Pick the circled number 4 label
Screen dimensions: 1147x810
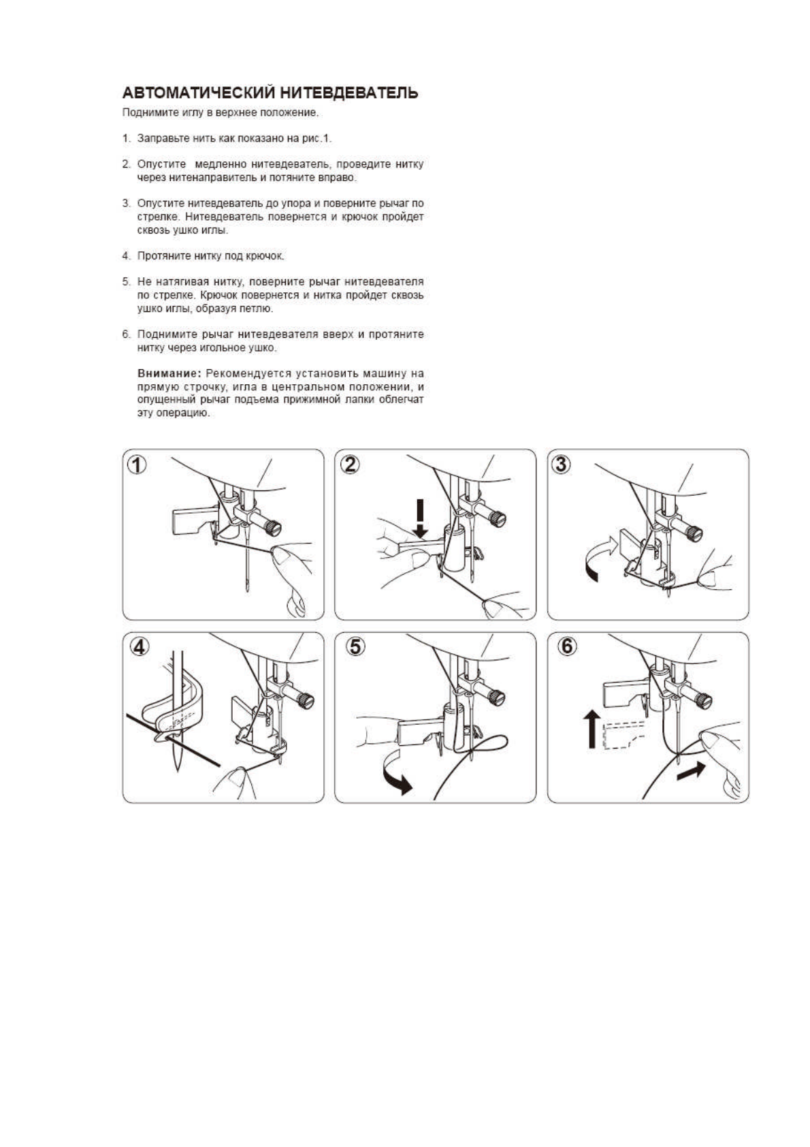138,647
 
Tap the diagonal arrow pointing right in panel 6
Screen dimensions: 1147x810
692,772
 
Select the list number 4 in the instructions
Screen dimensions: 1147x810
126,256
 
